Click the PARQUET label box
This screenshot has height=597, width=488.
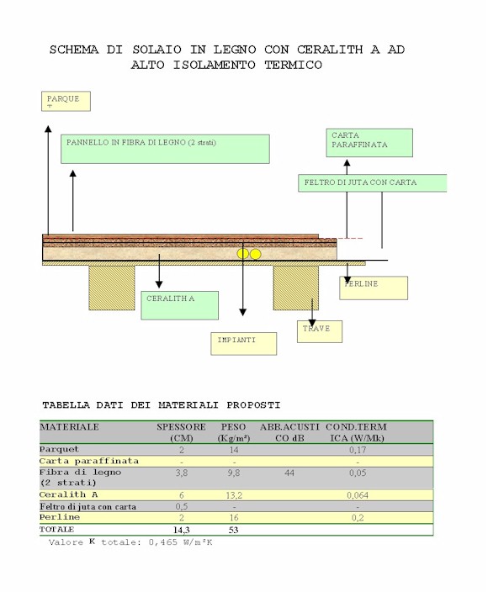tap(66, 101)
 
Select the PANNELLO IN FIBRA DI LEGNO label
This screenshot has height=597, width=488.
tap(166, 149)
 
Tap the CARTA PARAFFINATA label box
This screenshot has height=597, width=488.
tap(369, 143)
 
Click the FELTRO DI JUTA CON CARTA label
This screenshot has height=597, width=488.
tap(373, 183)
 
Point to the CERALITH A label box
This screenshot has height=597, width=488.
tap(180, 305)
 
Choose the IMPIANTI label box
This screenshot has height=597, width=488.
tap(244, 344)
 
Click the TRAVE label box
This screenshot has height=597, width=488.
tap(320, 331)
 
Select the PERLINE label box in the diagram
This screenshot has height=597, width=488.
tap(374, 288)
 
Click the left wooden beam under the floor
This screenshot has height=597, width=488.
tap(112, 288)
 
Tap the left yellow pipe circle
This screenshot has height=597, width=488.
tap(242, 254)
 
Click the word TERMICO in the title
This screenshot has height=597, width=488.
tap(294, 65)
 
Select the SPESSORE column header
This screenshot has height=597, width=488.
tap(182, 427)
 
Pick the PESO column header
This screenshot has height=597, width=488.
tap(234, 427)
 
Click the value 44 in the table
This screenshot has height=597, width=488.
tap(289, 473)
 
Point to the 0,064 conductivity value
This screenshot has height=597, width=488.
tap(358, 495)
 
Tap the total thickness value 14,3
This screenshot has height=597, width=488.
tap(182, 530)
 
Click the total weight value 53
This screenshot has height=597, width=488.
tap(234, 530)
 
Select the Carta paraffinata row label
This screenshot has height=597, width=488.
tap(89, 462)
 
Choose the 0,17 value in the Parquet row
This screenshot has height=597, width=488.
tap(358, 450)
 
